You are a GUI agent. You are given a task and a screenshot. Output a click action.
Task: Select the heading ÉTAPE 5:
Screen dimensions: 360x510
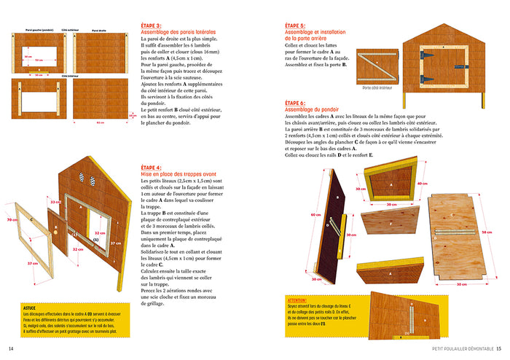pyautogui.click(x=295, y=25)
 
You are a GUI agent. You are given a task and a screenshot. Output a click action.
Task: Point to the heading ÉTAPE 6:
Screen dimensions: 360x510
pyautogui.click(x=295, y=103)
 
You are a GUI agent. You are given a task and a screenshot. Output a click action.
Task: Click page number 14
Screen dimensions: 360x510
pyautogui.click(x=11, y=348)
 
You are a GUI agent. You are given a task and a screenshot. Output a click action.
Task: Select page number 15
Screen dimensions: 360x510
pyautogui.click(x=498, y=348)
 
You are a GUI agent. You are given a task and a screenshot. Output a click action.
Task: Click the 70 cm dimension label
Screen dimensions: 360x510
pyautogui.click(x=11, y=219)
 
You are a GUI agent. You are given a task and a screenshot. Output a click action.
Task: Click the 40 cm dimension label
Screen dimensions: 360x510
pyautogui.click(x=421, y=184)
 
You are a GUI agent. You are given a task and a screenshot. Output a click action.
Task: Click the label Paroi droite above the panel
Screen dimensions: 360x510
pyautogui.click(x=99, y=31)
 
